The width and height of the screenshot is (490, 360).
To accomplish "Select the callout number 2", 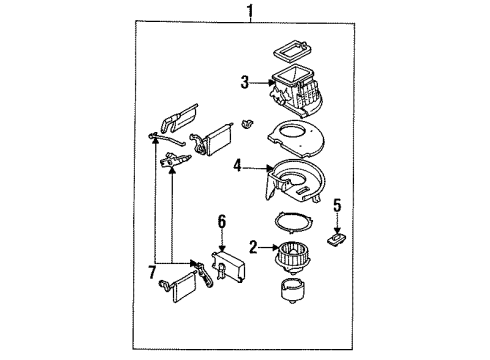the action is coord(253,247).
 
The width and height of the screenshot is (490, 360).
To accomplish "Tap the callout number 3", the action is coord(245,82).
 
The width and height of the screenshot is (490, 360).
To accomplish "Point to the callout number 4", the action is coord(237,166).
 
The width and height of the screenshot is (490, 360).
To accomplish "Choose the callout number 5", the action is coord(337,205).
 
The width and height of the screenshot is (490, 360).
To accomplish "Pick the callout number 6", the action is coord(222,222).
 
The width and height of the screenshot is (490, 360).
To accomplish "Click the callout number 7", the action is coord(152,272).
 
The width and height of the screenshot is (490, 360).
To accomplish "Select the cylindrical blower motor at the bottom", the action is coord(292,291).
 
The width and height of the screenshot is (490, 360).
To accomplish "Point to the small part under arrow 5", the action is coord(336,239).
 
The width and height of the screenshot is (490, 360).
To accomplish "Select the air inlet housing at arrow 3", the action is coord(297,94).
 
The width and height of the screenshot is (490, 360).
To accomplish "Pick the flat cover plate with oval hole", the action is coord(297,138).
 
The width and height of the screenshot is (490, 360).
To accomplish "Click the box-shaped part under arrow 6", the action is coord(228,266).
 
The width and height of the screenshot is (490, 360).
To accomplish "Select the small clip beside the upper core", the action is coord(247,124).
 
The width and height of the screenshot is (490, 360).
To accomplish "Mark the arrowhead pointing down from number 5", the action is coord(337,230).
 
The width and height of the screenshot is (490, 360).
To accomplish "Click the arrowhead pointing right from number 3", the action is coord(270,82).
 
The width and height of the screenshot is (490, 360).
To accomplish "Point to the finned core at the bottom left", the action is coord(184,287).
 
